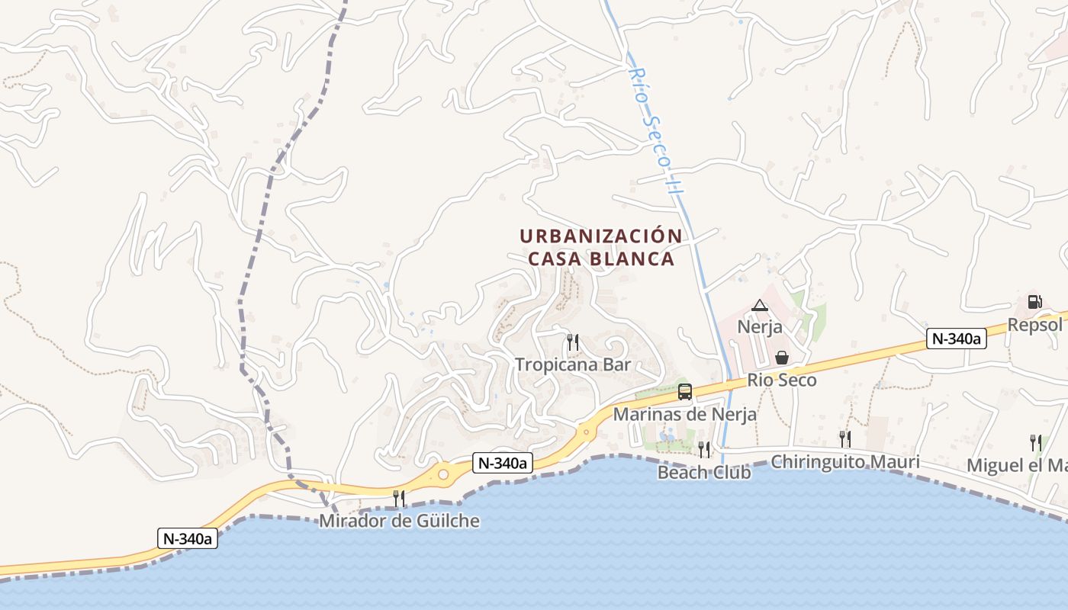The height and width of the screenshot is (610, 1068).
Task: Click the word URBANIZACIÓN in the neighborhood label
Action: (600, 236)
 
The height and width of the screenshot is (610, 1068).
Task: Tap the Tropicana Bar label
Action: (573, 364)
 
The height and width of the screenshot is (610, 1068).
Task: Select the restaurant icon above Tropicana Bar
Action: (573, 342)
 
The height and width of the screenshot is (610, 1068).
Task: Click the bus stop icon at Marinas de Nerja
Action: (685, 392)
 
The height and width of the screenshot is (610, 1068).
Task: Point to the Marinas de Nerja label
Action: (685, 414)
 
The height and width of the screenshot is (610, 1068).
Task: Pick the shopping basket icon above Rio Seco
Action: (782, 358)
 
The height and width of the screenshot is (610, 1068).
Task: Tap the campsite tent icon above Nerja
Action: (759, 306)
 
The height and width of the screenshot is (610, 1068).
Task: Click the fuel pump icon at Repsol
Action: (1034, 302)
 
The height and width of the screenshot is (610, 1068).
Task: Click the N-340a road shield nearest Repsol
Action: (957, 339)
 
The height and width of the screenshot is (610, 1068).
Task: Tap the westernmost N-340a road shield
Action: (188, 538)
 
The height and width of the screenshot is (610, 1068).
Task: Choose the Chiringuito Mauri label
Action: (844, 462)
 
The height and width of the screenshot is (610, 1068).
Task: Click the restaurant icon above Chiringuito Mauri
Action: (844, 438)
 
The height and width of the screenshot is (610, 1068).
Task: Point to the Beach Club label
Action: (704, 473)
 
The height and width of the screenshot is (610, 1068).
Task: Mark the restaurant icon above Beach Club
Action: (704, 449)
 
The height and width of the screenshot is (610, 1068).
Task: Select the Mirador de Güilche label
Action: (400, 522)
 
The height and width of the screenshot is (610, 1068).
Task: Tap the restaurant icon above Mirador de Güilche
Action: (399, 499)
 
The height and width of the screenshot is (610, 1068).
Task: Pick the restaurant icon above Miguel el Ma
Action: (1035, 442)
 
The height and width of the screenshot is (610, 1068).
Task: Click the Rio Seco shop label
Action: (782, 380)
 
